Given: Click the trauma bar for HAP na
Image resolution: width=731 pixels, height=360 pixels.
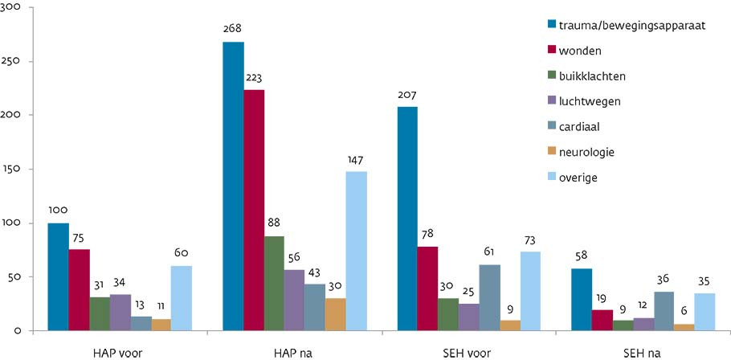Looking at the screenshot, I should point(233,186).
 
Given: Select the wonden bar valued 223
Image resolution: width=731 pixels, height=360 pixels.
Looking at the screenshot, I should point(254,211).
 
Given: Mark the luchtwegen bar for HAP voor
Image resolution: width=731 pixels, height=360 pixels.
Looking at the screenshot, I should point(120,312).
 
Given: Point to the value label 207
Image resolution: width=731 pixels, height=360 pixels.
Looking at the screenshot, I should point(407,96).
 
